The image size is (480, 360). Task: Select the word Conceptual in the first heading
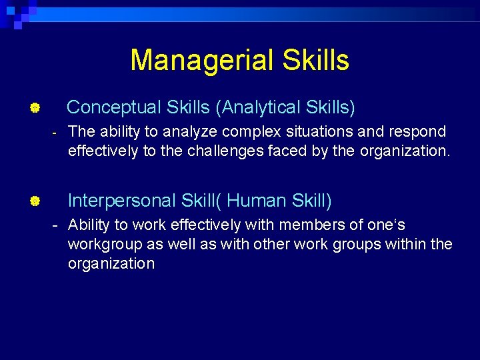pos(114,107)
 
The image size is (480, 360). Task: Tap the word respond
pos(418,132)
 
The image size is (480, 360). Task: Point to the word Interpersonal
pos(123,200)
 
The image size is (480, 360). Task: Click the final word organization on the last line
pos(111,263)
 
